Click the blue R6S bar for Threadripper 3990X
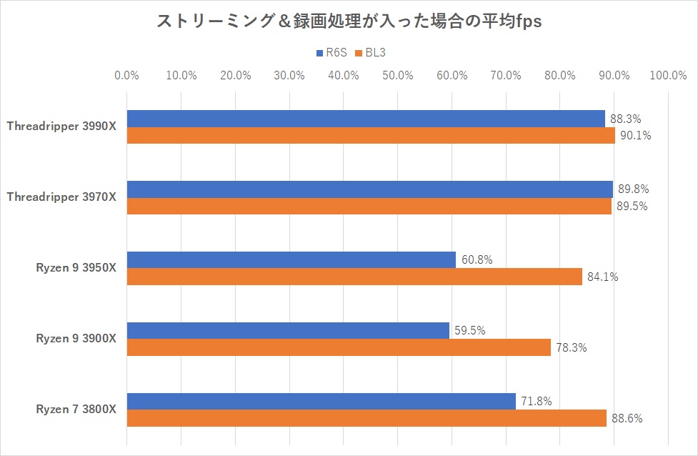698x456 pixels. click(366, 119)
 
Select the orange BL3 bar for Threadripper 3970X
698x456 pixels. click(369, 206)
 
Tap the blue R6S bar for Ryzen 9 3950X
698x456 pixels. click(291, 260)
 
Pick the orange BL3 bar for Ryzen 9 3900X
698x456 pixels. click(339, 347)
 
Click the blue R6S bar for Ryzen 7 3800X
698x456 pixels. click(321, 401)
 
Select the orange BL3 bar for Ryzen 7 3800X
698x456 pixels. click(367, 418)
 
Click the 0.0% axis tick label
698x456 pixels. click(127, 75)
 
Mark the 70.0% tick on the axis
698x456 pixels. click(506, 75)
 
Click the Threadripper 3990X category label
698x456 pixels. click(61, 127)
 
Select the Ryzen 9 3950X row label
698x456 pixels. click(76, 268)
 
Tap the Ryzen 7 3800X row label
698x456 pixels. click(76, 410)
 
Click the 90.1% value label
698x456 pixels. click(637, 135)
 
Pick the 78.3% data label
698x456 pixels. click(572, 347)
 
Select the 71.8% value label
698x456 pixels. click(537, 401)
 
